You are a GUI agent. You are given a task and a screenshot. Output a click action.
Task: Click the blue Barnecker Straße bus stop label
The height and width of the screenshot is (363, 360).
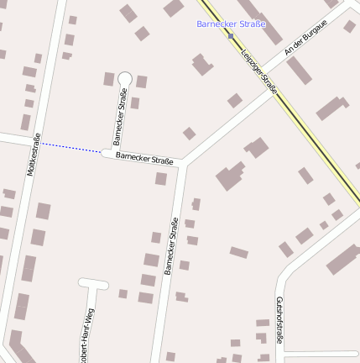(x=231, y=24)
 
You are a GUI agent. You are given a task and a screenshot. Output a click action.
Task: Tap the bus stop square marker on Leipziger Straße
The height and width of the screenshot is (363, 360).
(x=231, y=35)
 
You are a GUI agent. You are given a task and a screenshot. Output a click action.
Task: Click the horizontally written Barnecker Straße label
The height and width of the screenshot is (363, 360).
(x=144, y=157)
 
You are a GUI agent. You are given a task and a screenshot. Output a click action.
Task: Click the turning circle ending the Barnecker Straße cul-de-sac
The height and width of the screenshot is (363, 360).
(x=125, y=78)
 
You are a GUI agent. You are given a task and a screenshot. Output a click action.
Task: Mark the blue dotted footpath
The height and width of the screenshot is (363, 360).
(x=71, y=147)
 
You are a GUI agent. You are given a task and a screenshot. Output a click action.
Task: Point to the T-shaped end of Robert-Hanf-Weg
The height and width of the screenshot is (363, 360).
(x=94, y=284)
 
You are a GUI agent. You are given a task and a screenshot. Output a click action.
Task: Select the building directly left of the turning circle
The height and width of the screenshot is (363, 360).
(x=109, y=79)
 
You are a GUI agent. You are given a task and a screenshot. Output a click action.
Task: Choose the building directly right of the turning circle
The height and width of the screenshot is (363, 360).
(x=142, y=82)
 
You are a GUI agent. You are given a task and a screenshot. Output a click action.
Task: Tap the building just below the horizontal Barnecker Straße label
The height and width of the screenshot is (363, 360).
(x=160, y=178)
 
